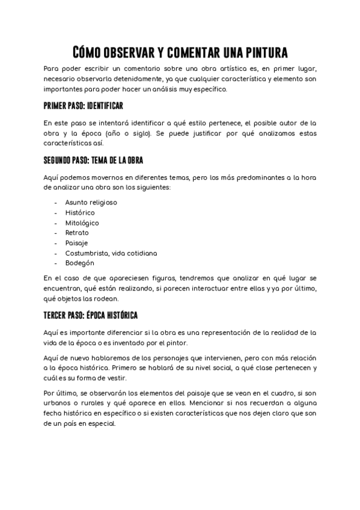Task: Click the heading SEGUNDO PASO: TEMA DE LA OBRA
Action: click(93, 161)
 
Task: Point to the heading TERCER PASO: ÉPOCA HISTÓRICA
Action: click(91, 315)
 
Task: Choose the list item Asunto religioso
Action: click(91, 202)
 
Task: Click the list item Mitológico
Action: click(82, 223)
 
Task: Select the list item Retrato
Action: click(77, 233)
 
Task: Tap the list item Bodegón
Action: click(79, 263)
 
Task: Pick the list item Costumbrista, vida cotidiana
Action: click(111, 253)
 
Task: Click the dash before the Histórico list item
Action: click(55, 212)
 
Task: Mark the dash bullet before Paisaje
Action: click(55, 243)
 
